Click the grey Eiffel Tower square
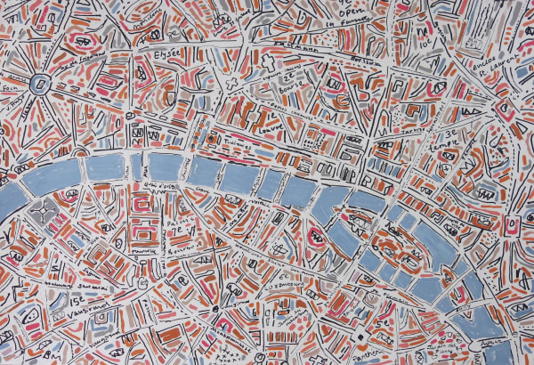coord(39,212)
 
